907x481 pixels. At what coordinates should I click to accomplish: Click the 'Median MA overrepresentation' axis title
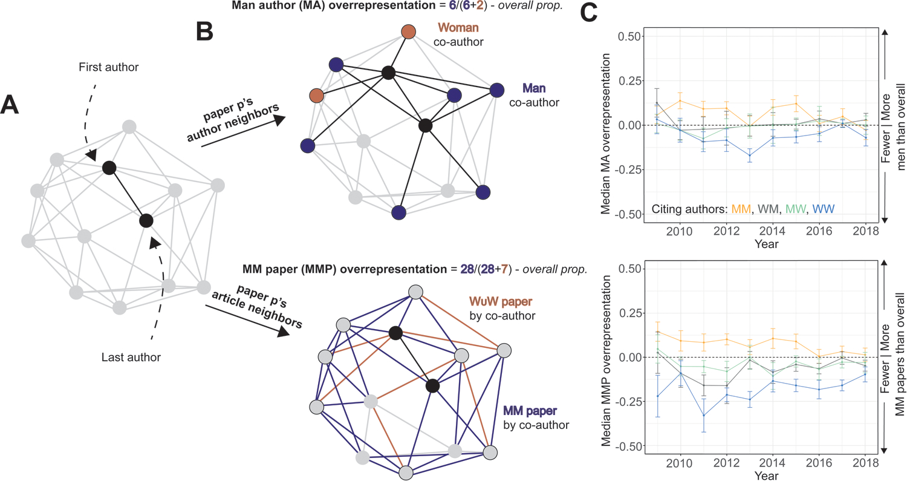point(605,126)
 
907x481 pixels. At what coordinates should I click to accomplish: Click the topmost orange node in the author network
point(409,31)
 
